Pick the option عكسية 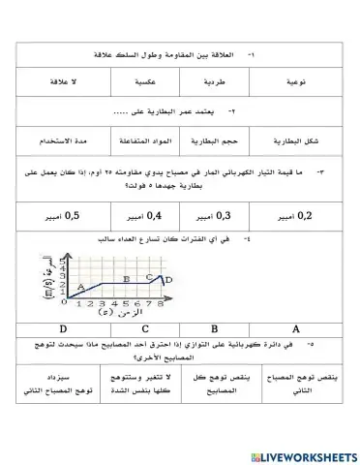(148, 84)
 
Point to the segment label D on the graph (167, 280)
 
